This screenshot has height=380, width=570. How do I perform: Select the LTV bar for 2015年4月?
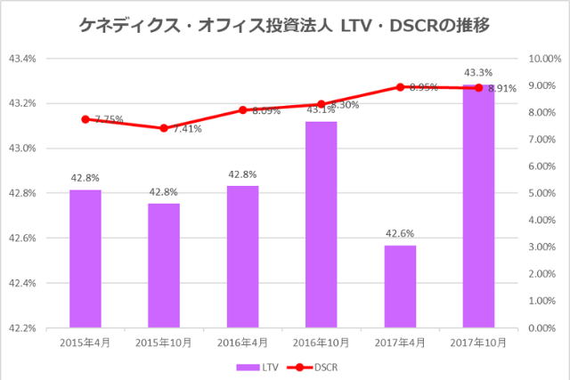[85, 258]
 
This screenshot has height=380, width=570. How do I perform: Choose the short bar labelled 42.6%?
[400, 286]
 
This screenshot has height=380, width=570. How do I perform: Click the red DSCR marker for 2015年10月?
[164, 128]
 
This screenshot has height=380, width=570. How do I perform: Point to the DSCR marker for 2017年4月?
[400, 87]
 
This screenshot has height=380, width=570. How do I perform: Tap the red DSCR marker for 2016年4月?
[242, 110]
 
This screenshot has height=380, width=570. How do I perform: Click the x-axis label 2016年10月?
[322, 343]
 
